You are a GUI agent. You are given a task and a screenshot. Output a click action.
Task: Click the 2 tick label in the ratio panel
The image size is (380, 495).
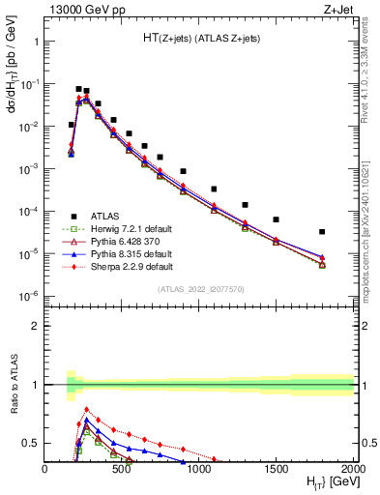point(35,326)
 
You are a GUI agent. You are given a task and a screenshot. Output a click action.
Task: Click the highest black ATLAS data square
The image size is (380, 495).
point(78,88)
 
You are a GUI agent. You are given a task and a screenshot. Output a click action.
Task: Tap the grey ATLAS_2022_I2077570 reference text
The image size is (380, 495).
point(199,288)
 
